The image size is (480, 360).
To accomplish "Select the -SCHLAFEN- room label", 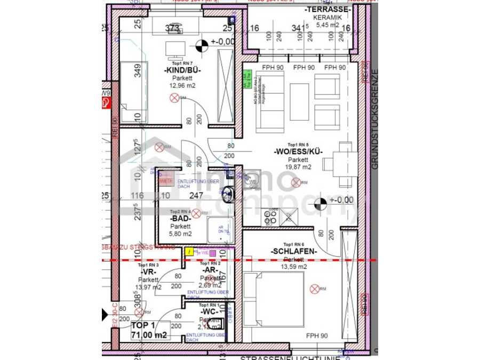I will point(293,252).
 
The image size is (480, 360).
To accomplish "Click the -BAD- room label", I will point(180,219).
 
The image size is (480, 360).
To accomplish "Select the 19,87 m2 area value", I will point(298,167).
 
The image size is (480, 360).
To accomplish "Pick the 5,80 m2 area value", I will point(180,234).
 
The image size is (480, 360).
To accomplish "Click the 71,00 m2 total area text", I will point(150,335).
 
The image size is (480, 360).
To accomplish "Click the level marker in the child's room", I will point(202,45).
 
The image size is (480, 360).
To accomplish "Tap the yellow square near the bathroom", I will point(189,251).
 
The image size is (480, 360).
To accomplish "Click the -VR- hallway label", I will point(148,272).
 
